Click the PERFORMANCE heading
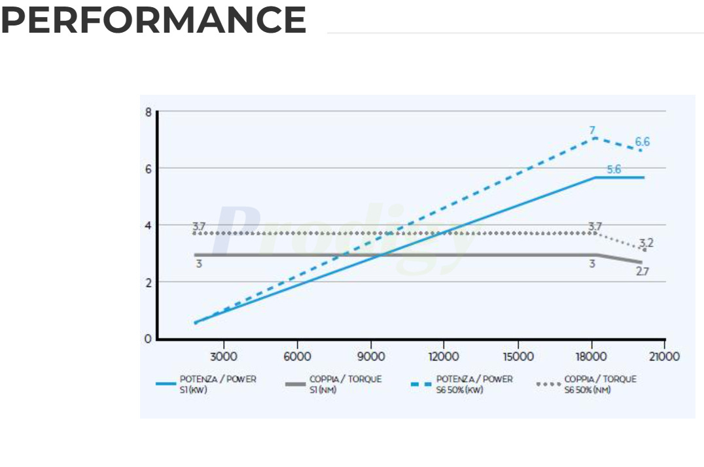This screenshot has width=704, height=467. click(153, 20)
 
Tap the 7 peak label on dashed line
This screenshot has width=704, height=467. click(592, 130)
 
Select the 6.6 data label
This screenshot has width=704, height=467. click(642, 142)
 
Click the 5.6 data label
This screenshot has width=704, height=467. click(614, 169)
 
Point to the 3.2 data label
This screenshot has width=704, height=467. click(646, 243)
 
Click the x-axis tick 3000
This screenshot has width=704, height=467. click(223, 356)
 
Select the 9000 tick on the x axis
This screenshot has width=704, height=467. click(370, 356)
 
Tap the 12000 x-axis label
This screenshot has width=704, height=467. click(443, 356)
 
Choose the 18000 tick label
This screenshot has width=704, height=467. click(590, 356)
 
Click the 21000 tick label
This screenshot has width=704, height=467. click(664, 356)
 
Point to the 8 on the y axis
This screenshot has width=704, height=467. click(149, 112)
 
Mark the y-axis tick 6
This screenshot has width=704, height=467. click(149, 168)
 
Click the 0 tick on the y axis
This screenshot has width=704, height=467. click(149, 339)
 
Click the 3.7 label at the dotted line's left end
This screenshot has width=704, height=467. click(199, 226)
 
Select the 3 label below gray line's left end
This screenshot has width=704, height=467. click(198, 264)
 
